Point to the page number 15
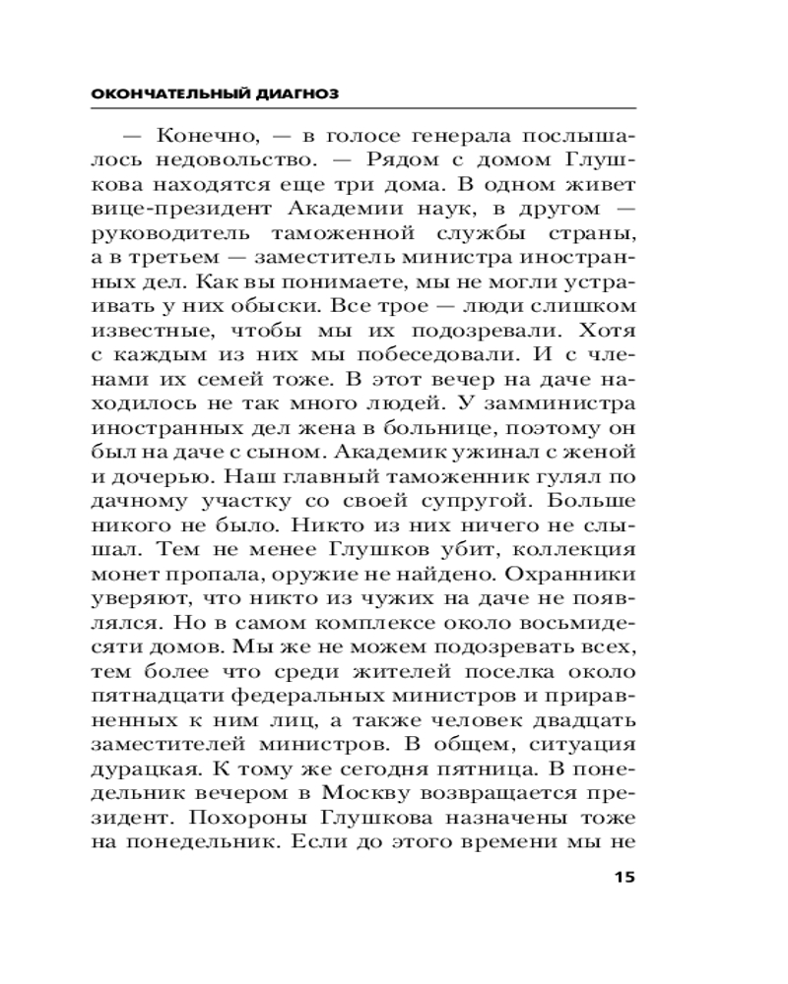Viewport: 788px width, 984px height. [x=625, y=878]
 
